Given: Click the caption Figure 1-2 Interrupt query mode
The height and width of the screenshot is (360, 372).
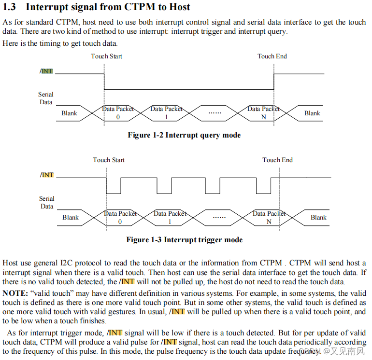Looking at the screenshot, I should click(184, 135).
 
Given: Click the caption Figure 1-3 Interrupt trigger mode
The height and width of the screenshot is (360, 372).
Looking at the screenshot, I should click(184, 240).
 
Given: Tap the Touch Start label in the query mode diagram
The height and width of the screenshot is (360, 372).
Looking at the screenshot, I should click(106, 56).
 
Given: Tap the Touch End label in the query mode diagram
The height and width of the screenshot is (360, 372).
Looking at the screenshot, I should click(272, 56).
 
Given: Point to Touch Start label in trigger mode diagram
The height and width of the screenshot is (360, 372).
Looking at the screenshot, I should click(109, 160).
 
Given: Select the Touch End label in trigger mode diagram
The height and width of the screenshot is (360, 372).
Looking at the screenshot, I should click(277, 160).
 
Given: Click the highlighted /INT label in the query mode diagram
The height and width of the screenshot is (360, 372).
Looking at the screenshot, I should click(46, 71).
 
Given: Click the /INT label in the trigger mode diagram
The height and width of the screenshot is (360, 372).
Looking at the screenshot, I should click(47, 175).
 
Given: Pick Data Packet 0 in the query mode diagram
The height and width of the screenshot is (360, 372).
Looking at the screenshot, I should click(118, 113).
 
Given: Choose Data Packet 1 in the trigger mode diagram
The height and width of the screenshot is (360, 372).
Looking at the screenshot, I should click(170, 218).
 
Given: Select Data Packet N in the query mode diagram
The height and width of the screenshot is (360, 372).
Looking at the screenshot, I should click(263, 113).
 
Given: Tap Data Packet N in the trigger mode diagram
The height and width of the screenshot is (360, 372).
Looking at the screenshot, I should click(269, 218).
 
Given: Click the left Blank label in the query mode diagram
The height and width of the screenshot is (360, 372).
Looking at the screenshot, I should click(69, 113).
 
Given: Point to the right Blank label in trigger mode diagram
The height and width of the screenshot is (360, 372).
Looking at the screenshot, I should click(318, 218).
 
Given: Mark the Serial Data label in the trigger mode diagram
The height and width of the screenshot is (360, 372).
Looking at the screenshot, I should click(47, 202).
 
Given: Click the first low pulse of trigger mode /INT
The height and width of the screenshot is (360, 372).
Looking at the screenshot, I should click(114, 186).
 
